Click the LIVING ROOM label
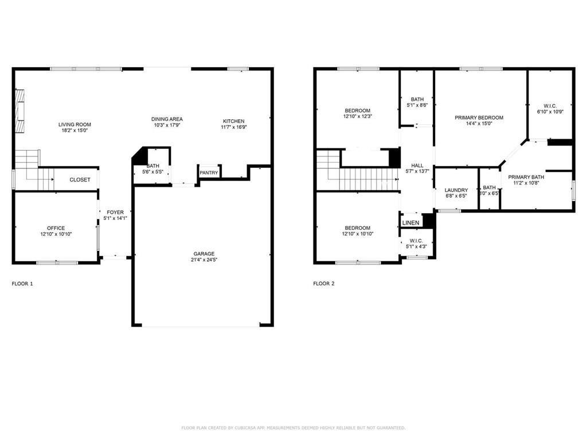75,124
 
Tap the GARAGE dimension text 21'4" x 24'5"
204,260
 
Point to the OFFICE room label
56,228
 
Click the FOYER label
115,213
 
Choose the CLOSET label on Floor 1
80,180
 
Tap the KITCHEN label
234,121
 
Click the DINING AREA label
167,119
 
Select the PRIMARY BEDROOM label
479,117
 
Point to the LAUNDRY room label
456,190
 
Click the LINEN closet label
410,223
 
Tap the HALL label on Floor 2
417,166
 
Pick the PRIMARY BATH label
526,177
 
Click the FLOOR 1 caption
22,284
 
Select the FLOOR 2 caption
324,284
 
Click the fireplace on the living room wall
20,111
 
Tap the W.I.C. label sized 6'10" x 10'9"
550,106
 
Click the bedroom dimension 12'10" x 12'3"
357,117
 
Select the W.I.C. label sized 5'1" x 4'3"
416,241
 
